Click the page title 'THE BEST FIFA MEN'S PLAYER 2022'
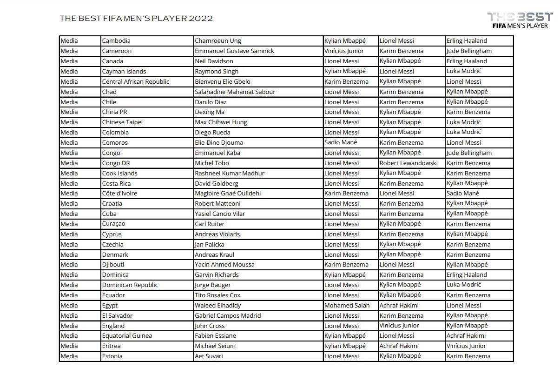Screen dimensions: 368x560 (x=136, y=19)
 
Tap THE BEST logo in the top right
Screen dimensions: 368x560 (x=520, y=20)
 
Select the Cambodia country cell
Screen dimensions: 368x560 (x=116, y=41)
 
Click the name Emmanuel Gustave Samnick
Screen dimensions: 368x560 (x=234, y=51)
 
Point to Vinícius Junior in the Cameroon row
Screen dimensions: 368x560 (x=344, y=51)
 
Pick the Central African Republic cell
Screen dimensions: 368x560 (x=136, y=81)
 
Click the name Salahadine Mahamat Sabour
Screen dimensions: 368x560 (x=235, y=92)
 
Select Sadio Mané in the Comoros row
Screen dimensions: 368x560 (x=341, y=142)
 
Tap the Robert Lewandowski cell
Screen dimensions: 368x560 (x=408, y=163)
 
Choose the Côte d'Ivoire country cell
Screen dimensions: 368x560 (x=119, y=194)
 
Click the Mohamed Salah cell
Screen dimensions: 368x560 (x=347, y=305)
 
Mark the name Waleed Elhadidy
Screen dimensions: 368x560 (x=217, y=305)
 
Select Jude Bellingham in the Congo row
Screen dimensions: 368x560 (x=469, y=153)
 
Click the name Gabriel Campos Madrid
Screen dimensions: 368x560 (x=228, y=315)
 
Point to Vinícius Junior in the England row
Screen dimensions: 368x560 (x=399, y=326)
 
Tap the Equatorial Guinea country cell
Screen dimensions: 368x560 (x=127, y=335)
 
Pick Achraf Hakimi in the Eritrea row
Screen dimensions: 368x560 (x=399, y=346)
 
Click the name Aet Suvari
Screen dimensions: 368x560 (x=209, y=356)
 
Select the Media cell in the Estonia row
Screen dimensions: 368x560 (x=69, y=356)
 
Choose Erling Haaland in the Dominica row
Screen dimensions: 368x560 (x=467, y=274)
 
